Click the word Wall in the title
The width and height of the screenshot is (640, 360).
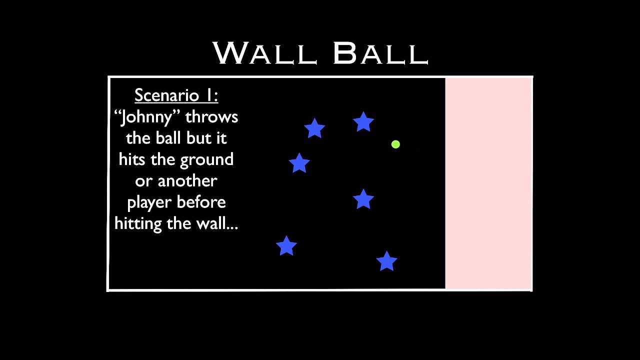(265, 53)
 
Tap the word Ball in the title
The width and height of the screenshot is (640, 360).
(380, 53)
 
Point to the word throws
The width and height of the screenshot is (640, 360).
(211, 117)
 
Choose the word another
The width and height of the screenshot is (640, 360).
(187, 181)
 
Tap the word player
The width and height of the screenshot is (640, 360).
(148, 202)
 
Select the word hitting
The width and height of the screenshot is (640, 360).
(138, 223)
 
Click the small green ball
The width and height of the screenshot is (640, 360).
(395, 144)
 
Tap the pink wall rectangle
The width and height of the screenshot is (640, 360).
(488, 183)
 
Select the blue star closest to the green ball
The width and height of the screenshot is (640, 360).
(363, 122)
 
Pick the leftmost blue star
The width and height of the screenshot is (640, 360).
(286, 246)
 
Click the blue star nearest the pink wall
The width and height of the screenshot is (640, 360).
(386, 261)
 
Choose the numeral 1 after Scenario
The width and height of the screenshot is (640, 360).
(210, 95)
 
